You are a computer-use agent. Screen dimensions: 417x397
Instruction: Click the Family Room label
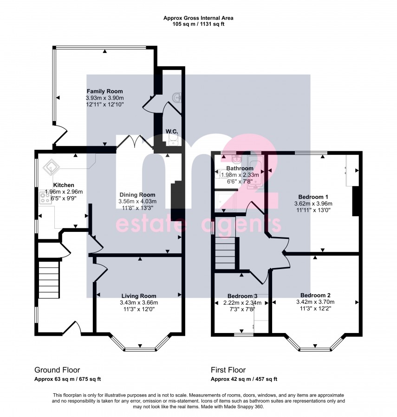pyautogui.click(x=104, y=91)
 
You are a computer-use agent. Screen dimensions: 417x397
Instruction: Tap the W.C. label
pyautogui.click(x=172, y=132)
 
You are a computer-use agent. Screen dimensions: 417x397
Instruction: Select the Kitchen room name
pyautogui.click(x=64, y=185)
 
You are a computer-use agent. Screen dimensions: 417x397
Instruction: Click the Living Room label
pyautogui.click(x=138, y=296)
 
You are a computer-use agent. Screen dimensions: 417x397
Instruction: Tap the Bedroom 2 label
pyautogui.click(x=315, y=295)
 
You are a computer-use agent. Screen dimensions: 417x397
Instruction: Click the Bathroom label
pyautogui.click(x=240, y=168)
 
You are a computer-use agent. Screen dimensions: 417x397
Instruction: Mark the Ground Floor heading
pyautogui.click(x=57, y=370)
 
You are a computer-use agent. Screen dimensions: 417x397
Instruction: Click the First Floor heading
pyautogui.click(x=228, y=370)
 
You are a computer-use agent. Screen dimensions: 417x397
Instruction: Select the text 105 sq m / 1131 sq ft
pyautogui.click(x=198, y=24)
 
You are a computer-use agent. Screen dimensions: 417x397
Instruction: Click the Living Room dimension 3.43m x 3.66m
pyautogui.click(x=138, y=303)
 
